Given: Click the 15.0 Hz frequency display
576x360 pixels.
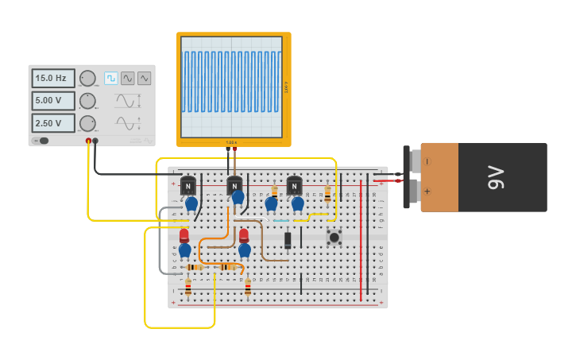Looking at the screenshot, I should pyautogui.click(x=53, y=78).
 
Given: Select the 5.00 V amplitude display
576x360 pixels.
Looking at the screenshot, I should pyautogui.click(x=53, y=101).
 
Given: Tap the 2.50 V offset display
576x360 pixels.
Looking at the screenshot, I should pyautogui.click(x=53, y=123).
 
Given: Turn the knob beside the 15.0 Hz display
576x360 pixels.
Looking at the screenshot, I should pyautogui.click(x=87, y=78).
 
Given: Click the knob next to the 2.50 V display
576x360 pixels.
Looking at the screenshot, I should pyautogui.click(x=87, y=123).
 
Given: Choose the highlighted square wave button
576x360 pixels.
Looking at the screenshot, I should pyautogui.click(x=111, y=78).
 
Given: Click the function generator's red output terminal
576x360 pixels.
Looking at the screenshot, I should pyautogui.click(x=88, y=141).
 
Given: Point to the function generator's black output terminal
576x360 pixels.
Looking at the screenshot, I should pyautogui.click(x=95, y=141).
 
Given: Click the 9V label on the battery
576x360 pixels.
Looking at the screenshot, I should pyautogui.click(x=496, y=177).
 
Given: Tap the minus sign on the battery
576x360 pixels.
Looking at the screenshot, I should pyautogui.click(x=427, y=161).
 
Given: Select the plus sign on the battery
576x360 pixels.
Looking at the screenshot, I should pyautogui.click(x=427, y=192).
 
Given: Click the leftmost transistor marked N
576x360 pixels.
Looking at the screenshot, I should pyautogui.click(x=188, y=186).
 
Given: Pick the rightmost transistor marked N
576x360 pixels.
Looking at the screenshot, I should pyautogui.click(x=294, y=186).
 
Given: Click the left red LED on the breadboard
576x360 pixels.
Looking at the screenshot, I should pyautogui.click(x=184, y=235).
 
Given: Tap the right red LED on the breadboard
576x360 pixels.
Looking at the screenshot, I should pyautogui.click(x=244, y=235).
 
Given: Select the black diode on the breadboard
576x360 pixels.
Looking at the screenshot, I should pyautogui.click(x=288, y=239).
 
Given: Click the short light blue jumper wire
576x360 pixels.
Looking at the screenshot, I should pyautogui.click(x=281, y=220).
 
